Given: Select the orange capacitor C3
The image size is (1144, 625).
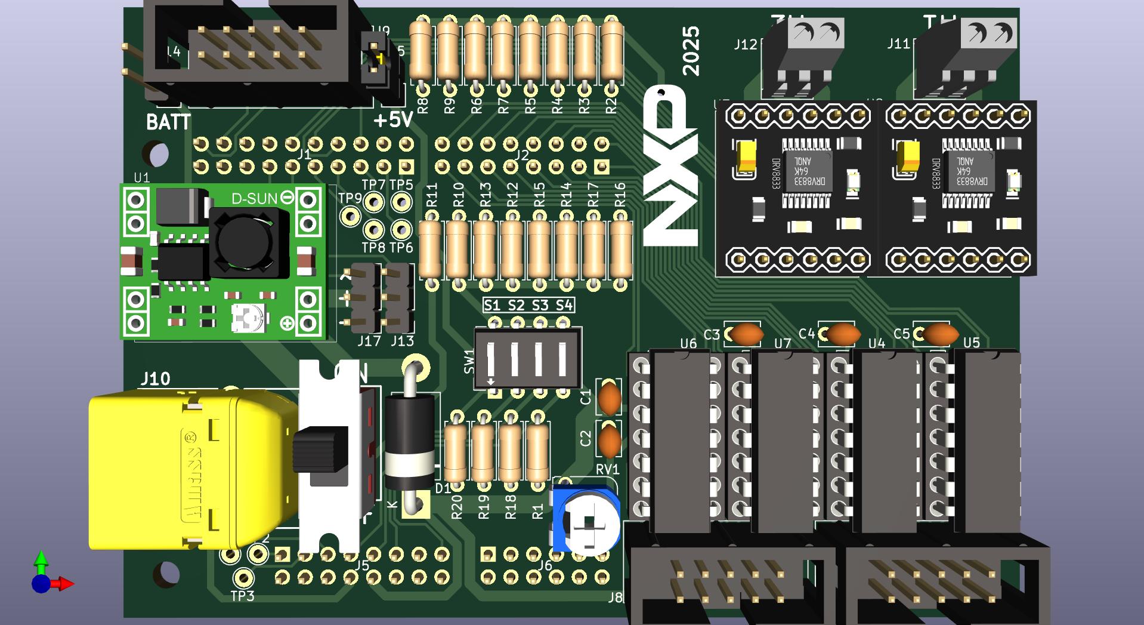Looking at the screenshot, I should point(746,334).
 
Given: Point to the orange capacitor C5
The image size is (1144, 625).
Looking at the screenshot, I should point(940,334).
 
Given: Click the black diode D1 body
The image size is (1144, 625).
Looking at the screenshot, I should point(409,442).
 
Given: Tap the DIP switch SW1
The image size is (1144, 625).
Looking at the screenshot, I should point(527,359).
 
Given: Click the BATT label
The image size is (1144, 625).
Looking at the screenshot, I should point(168,122).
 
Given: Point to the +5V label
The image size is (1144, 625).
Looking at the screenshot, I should point(393,120).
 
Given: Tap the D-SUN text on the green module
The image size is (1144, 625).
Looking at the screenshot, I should point(254,198).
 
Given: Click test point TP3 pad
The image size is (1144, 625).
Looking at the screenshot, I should point(243,578).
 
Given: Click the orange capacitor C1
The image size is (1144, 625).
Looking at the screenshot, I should point(610,398).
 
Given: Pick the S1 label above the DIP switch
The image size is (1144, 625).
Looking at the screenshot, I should point(492,306).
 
